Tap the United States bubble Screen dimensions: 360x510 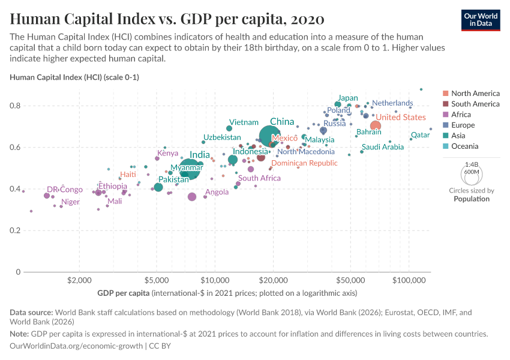tap(376, 125)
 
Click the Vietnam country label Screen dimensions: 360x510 tap(244, 122)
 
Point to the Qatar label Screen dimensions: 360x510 tap(420, 135)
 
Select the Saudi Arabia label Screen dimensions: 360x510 tap(383, 147)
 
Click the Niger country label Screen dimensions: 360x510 tap(70, 202)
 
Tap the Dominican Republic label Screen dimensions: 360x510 tap(304, 163)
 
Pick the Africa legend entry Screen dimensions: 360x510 tap(461, 115)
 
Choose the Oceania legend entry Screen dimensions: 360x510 tap(465, 146)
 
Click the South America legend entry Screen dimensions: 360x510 tap(475, 104)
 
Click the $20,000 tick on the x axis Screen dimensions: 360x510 tap(274, 280)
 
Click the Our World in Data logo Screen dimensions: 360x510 tap(481, 19)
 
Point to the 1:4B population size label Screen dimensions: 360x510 tap(472, 164)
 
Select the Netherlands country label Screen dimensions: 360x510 tap(392, 103)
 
